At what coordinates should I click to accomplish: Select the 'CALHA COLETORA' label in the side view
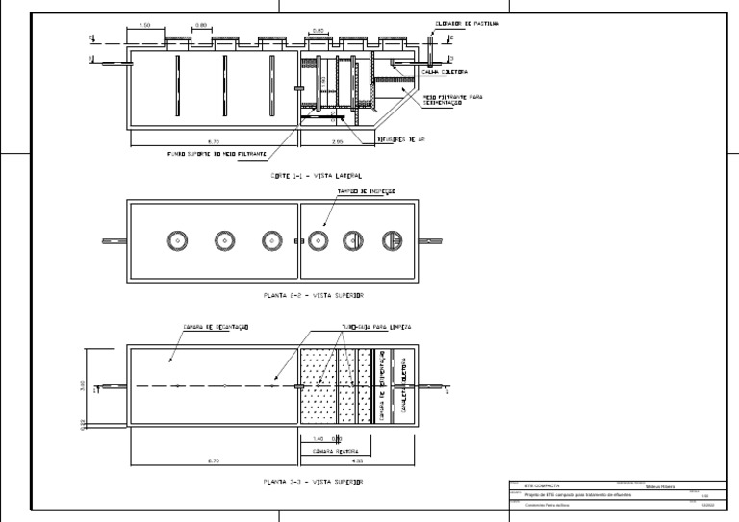click(x=447, y=71)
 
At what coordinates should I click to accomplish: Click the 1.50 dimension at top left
click(x=145, y=26)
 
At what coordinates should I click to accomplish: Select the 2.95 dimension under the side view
click(x=336, y=141)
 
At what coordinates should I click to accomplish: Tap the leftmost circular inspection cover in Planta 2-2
click(x=177, y=240)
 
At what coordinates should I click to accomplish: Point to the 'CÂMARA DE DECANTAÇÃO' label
click(x=216, y=328)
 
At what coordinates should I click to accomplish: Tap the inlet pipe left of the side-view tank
click(x=113, y=65)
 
